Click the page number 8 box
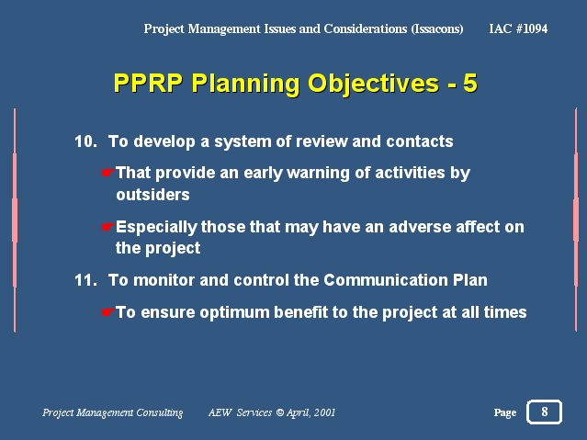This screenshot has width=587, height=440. (544, 412)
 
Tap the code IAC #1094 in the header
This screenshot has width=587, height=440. (518, 28)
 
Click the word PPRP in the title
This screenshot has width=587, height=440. (148, 83)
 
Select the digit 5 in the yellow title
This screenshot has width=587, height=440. (469, 83)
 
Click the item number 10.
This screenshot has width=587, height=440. (85, 141)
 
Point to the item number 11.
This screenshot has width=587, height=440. (85, 280)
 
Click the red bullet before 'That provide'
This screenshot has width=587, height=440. (107, 173)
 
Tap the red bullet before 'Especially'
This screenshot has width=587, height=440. (107, 227)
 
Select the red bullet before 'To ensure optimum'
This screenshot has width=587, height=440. (107, 312)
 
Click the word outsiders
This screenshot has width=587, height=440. (152, 195)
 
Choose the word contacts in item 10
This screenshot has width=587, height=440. (420, 141)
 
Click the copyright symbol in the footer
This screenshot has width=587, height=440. (280, 412)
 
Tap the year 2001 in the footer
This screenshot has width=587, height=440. (324, 412)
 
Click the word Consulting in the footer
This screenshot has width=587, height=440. (160, 412)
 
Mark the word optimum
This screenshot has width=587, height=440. (234, 312)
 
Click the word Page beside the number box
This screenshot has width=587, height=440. (504, 412)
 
